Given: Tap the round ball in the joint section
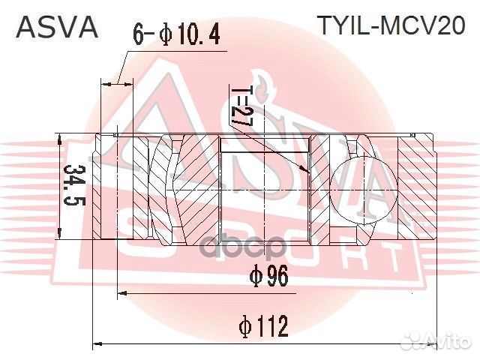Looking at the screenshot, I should point(353,189).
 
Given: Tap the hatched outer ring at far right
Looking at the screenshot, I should point(417,187).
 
